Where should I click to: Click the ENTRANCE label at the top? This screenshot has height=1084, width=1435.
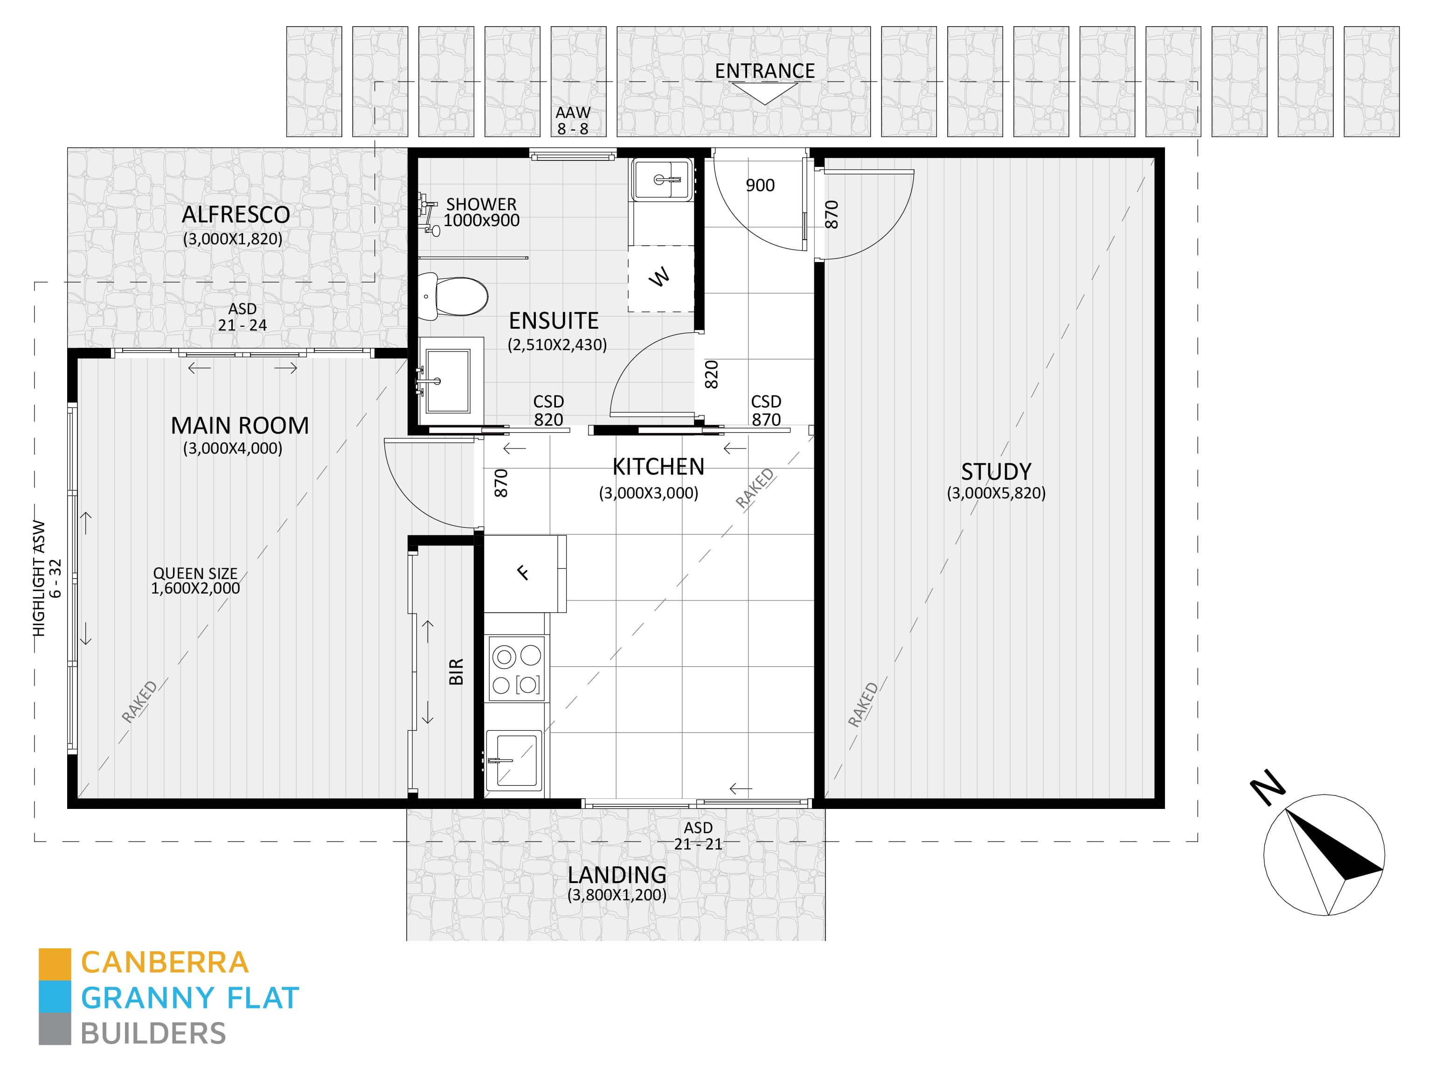pos(765,71)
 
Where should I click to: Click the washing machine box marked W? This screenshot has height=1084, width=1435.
pos(661,278)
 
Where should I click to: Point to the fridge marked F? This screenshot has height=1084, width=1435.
pos(524,573)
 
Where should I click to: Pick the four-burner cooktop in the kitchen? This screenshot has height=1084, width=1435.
pos(516,668)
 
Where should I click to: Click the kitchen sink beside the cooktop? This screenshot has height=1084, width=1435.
pos(514,760)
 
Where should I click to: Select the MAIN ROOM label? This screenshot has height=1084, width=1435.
pos(239,426)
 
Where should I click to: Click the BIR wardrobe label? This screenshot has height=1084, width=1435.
pos(456,671)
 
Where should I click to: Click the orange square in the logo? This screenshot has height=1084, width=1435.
pos(55,965)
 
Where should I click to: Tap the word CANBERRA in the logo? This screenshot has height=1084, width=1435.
pos(165,963)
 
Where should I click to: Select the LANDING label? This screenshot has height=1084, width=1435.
pos(617,875)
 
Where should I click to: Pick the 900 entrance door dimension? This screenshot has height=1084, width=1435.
pos(760,186)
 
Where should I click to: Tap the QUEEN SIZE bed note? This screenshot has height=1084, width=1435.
pos(195,573)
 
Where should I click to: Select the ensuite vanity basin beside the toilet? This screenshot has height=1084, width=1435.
pos(450,380)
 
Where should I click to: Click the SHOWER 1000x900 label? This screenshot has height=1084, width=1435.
pos(481,212)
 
